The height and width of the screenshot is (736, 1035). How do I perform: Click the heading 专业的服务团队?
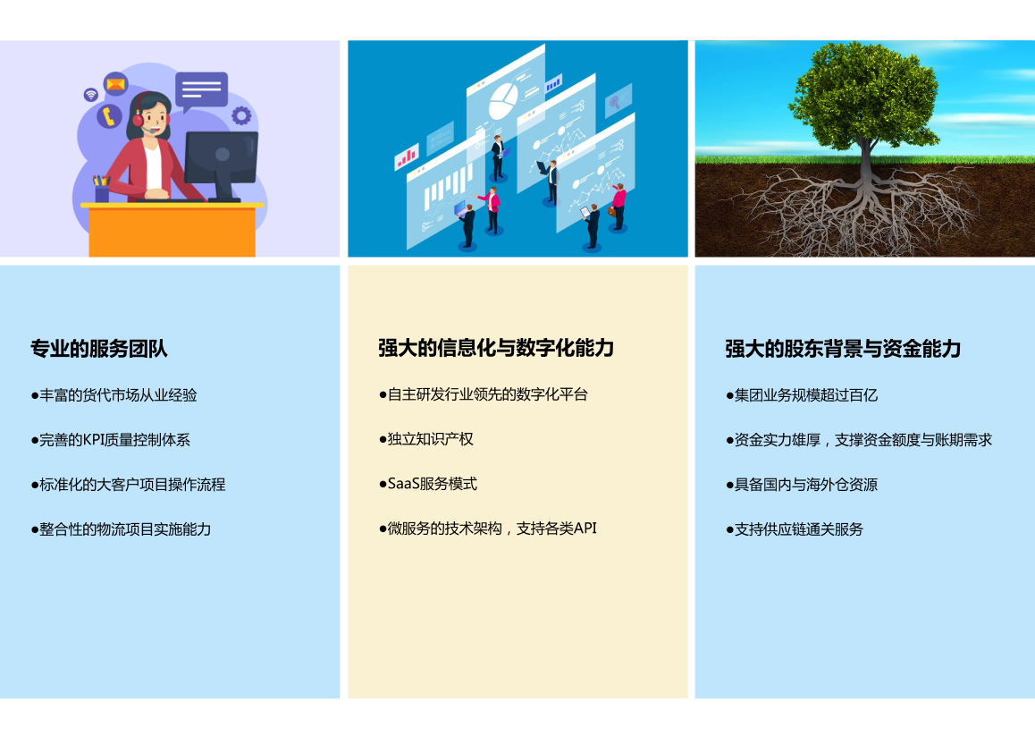click(x=99, y=348)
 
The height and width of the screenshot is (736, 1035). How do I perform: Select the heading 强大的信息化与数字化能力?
click(x=496, y=348)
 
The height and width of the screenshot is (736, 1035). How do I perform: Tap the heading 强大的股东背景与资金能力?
click(x=843, y=348)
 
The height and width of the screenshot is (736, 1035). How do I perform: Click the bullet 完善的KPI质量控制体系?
click(x=110, y=440)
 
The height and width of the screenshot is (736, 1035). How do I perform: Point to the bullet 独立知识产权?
click(x=425, y=439)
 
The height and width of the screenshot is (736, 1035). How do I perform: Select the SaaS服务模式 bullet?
click(x=428, y=484)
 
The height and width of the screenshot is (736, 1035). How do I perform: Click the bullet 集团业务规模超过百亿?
click(x=802, y=395)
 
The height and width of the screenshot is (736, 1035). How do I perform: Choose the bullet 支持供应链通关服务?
click(x=794, y=529)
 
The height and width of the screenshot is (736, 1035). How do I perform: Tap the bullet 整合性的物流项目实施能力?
click(x=121, y=529)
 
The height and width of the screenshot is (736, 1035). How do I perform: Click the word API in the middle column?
click(x=585, y=529)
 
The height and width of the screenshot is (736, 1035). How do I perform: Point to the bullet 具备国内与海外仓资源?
click(x=802, y=485)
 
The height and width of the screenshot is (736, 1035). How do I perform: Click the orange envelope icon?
click(x=115, y=84)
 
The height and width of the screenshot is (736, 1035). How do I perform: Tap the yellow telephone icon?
click(x=109, y=116)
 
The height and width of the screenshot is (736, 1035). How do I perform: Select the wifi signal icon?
click(x=91, y=95)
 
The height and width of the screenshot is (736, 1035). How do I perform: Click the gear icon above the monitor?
click(x=241, y=115)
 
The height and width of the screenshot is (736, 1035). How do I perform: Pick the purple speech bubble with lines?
click(x=201, y=90)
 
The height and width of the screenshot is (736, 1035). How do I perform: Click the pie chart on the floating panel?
click(x=503, y=99)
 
